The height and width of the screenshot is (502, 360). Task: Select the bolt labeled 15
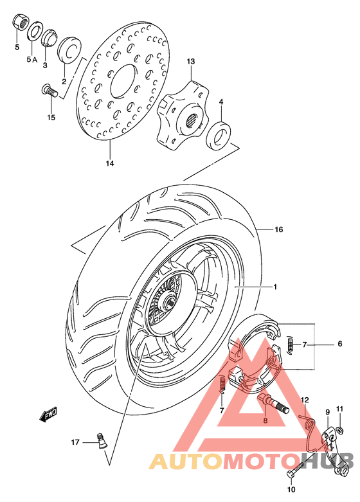pyautogui.click(x=50, y=92)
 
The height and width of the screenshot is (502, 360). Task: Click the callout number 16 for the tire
pyautogui.click(x=279, y=229)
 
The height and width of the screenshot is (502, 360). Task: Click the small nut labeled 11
pyautogui.click(x=338, y=426)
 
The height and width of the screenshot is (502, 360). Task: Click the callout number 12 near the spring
pyautogui.click(x=305, y=400)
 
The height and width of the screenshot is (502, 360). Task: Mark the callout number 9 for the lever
pyautogui.click(x=327, y=412)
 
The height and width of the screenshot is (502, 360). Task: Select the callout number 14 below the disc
pyautogui.click(x=110, y=164)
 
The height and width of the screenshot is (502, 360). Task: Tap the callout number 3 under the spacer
pyautogui.click(x=46, y=65)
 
